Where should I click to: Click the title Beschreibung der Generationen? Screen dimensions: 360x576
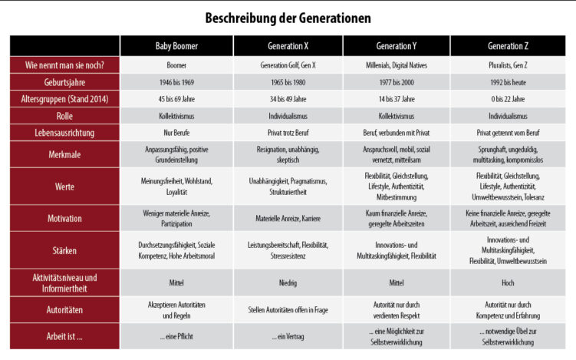pyautogui.click(x=288, y=16)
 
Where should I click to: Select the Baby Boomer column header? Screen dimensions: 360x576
pyautogui.click(x=176, y=45)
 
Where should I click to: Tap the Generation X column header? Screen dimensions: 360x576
pyautogui.click(x=288, y=45)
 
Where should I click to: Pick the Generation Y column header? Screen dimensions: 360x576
pyautogui.click(x=396, y=45)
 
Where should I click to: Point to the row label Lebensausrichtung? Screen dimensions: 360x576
pyautogui.click(x=65, y=132)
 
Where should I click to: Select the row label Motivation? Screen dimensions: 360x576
pyautogui.click(x=65, y=218)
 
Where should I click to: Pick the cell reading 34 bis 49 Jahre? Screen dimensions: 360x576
pyautogui.click(x=288, y=99)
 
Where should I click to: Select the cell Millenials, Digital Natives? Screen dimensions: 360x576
pyautogui.click(x=396, y=66)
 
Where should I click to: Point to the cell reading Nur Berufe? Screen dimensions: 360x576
pyautogui.click(x=176, y=132)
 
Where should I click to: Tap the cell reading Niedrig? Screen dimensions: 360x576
pyautogui.click(x=288, y=282)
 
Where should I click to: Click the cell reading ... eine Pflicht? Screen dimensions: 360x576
pyautogui.click(x=176, y=337)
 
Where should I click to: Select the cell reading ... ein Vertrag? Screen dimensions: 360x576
pyautogui.click(x=288, y=337)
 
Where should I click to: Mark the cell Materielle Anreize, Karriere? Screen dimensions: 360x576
pyautogui.click(x=288, y=218)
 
